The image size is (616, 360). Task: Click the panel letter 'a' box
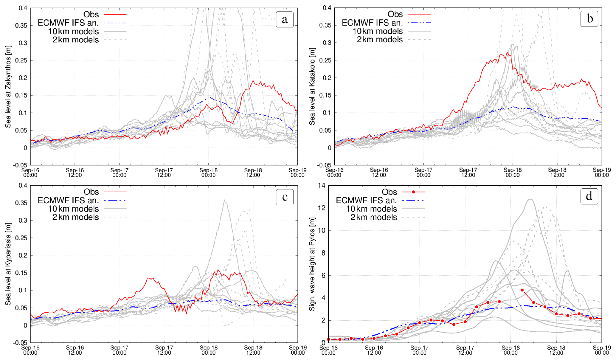[x=285, y=19]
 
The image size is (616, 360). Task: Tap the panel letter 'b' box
[x=589, y=18]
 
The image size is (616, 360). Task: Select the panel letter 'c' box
[x=285, y=197]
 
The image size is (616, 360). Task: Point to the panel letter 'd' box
[x=589, y=196]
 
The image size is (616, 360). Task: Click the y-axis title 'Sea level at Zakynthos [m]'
[x=8, y=86]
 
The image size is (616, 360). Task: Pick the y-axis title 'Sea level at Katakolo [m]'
[x=312, y=86]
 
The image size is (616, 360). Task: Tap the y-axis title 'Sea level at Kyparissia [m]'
[x=8, y=264]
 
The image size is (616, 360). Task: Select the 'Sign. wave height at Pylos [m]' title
[x=312, y=264]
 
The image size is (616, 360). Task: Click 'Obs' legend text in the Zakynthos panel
[x=91, y=14]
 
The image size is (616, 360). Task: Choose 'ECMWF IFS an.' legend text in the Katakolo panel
[x=372, y=23]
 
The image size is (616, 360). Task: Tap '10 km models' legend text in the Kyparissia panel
[x=73, y=209]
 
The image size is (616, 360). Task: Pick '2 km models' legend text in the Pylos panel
[x=374, y=217]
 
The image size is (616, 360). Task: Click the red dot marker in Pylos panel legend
[x=413, y=192]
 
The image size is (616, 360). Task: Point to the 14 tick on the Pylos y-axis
[x=322, y=185]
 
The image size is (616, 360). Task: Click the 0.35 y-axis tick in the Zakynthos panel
[x=21, y=26]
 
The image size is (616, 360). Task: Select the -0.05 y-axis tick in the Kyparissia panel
[x=20, y=343]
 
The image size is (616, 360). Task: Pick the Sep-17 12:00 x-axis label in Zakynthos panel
[x=164, y=173]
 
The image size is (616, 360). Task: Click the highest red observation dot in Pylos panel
[x=522, y=290]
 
